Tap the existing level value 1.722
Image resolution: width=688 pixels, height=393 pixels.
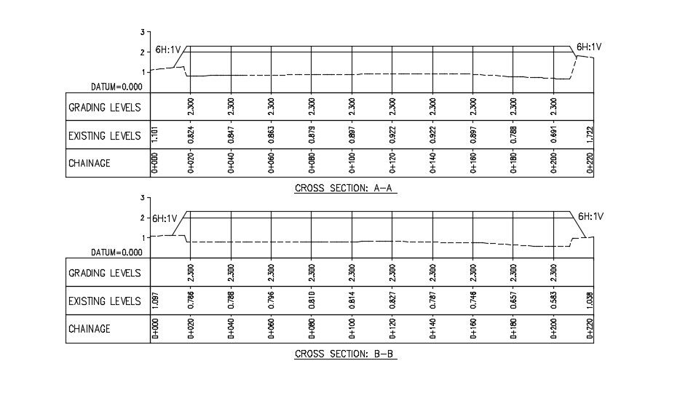pos(590,135)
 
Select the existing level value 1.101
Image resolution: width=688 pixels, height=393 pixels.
pos(155,135)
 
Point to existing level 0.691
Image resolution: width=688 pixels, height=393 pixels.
pos(555,135)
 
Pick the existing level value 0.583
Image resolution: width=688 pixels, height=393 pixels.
pos(555,301)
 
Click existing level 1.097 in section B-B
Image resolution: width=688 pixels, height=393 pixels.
pos(155,301)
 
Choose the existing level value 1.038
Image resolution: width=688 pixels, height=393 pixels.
pos(590,301)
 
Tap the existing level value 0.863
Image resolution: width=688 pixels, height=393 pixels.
pos(272,135)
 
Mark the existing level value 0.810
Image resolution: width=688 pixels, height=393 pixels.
pos(312,301)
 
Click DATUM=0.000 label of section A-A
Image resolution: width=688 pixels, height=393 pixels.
pos(116,87)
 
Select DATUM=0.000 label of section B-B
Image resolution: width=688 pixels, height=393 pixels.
pos(116,253)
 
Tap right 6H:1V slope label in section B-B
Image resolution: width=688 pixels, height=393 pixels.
pos(590,216)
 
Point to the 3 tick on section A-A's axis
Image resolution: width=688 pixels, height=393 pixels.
pos(143,32)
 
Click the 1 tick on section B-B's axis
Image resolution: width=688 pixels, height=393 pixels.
pos(143,237)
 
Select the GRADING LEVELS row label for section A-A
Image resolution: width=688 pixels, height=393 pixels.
pos(105,107)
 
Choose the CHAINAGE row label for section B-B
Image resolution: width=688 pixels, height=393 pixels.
pos(90,329)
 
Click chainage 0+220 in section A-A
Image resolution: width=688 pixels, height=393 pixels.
pos(590,164)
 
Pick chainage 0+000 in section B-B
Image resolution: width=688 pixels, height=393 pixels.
pos(155,329)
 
